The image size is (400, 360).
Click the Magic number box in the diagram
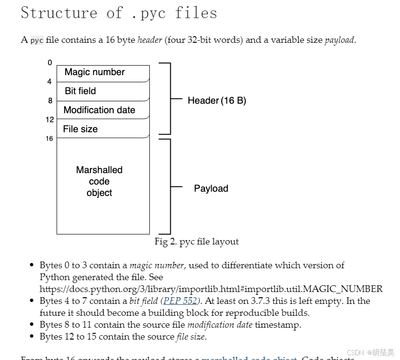pos(95,72)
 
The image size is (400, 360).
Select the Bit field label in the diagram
pos(80,91)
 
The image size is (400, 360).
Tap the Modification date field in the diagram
pos(99,110)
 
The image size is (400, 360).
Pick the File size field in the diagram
pos(80,129)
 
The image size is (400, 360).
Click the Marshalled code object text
pos(99,181)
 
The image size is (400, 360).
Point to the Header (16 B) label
pos(217,100)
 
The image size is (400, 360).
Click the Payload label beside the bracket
pos(211,188)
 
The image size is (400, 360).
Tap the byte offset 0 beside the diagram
pos(50,63)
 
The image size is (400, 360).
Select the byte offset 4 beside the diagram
pos(49,82)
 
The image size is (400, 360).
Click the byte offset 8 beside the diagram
pos(50,101)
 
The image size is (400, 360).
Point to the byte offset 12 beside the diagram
pos(50,120)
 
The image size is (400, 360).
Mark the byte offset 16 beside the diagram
pos(49,139)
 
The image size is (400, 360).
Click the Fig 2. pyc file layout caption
pos(196,242)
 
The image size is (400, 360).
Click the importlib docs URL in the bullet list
pos(211,289)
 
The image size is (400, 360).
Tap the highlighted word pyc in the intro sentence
pos(37,40)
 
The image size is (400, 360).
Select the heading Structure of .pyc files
pos(119,13)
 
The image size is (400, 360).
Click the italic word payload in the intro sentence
pos(339,40)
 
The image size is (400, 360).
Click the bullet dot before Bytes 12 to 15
pos(31,337)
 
